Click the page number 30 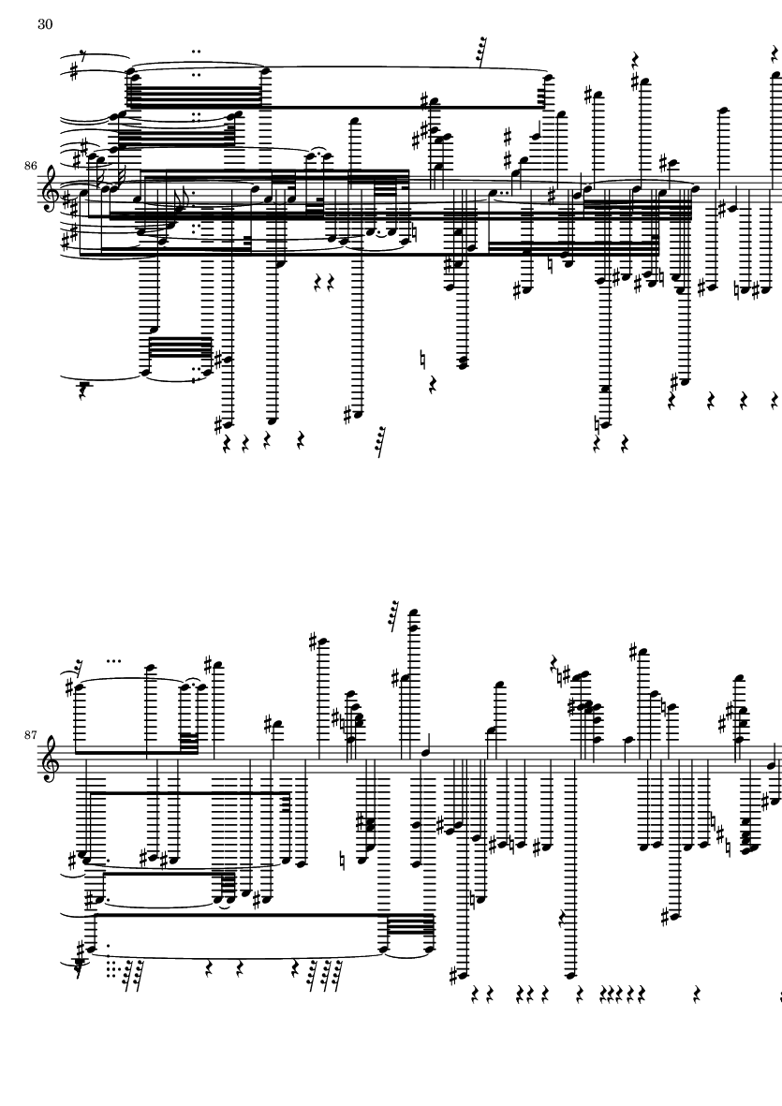tap(45, 24)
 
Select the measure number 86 tap(30, 166)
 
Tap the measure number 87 tap(30, 735)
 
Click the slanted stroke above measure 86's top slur tap(483, 52)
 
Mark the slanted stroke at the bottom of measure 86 tap(381, 441)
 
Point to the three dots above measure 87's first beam tap(113, 661)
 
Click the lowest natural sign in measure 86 tap(598, 424)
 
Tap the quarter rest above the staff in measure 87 tap(555, 664)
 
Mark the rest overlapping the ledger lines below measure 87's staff tap(563, 919)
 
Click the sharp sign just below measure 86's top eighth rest tap(73, 72)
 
